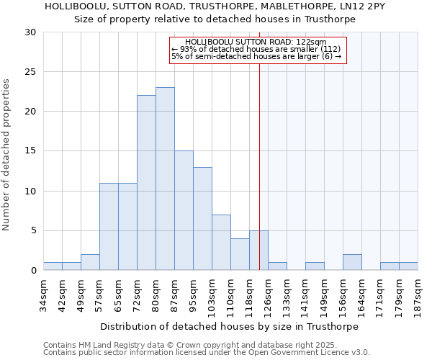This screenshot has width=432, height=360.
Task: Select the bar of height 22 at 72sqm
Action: (x=146, y=183)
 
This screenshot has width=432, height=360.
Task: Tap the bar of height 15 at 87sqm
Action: (x=184, y=210)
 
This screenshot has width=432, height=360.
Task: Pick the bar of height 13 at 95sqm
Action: (x=202, y=218)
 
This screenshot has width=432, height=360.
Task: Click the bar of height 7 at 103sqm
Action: (x=221, y=242)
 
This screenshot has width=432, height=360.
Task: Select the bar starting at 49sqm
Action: (x=90, y=262)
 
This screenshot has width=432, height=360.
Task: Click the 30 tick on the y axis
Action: (x=31, y=32)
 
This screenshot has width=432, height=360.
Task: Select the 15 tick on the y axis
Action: (x=31, y=151)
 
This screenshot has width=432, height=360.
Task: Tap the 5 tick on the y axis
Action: (x=33, y=230)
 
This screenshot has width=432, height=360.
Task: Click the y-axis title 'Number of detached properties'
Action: (x=7, y=154)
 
